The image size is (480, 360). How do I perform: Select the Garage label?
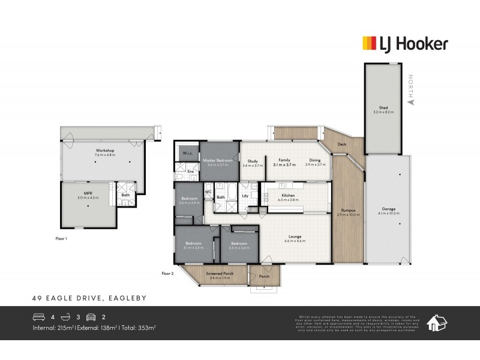pos(386,209)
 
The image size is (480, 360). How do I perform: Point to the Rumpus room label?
pos(348,210)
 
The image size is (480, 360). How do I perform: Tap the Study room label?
pos(252,160)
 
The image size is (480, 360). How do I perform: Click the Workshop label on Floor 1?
pos(104,151)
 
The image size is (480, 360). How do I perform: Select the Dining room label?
pos(315,160)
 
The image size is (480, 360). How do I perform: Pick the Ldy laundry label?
pos(245,196)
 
